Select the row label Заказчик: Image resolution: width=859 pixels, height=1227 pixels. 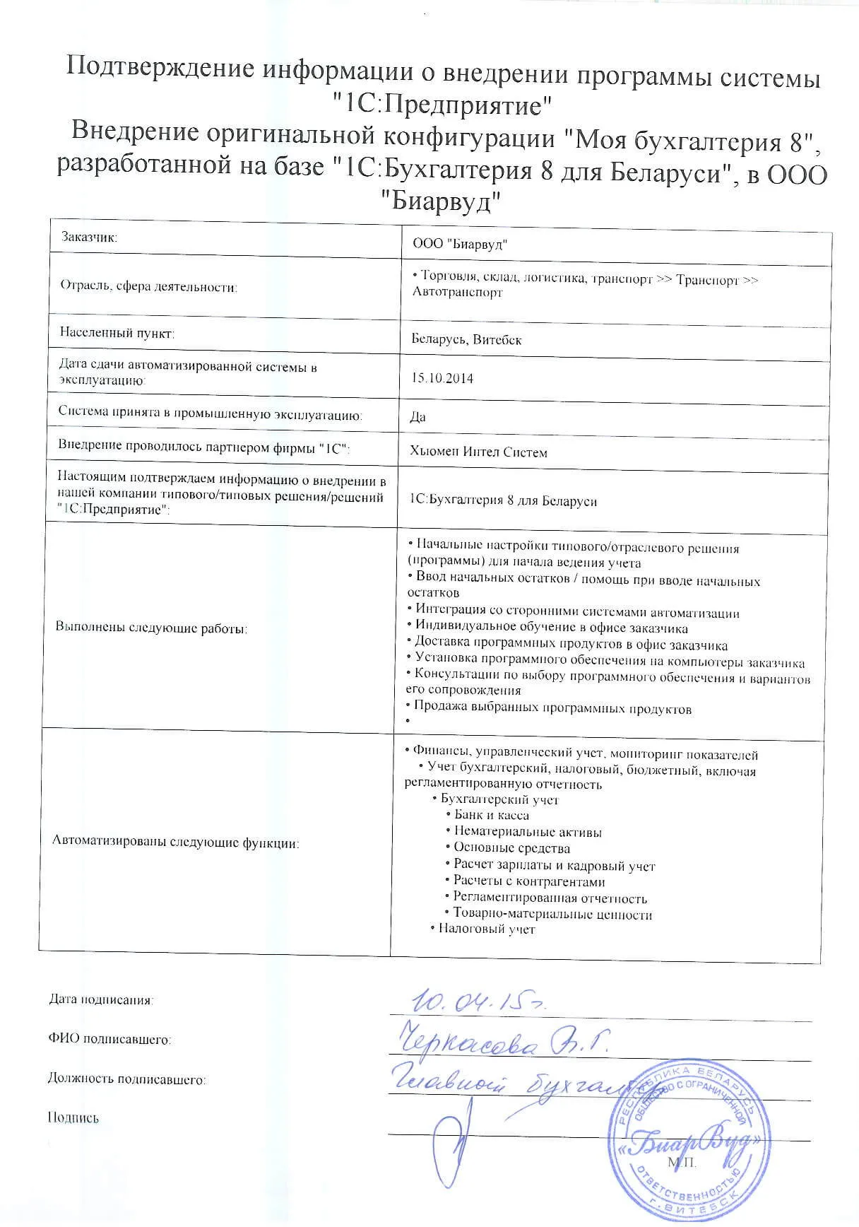pos(89,237)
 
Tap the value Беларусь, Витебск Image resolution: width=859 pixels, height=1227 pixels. pos(466,340)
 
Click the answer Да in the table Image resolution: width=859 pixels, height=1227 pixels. pos(417,416)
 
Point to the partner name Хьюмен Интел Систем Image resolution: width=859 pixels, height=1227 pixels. pos(478,452)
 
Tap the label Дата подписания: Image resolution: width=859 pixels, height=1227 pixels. pos(100,1000)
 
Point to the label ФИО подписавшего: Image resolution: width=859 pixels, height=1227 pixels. pos(109,1040)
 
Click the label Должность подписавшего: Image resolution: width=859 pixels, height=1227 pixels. pos(126,1079)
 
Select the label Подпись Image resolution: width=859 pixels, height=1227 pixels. pos(73,1118)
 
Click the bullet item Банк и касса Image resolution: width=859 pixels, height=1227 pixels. pos(492,815)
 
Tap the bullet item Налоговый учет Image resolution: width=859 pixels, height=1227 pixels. pos(487,929)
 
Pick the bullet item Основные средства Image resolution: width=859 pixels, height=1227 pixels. pos(511,848)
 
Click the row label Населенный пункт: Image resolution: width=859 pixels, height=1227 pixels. pos(117,332)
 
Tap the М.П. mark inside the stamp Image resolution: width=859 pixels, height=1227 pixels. pos(681,1163)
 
